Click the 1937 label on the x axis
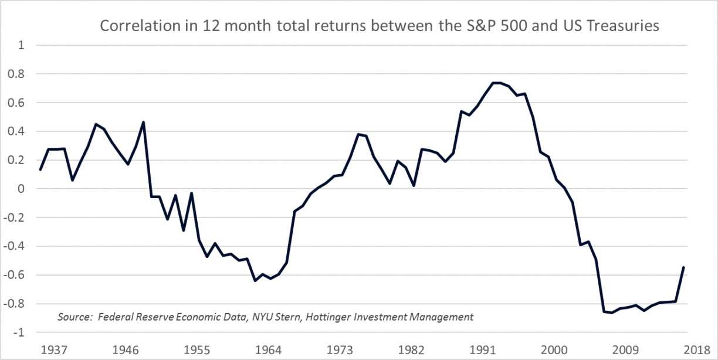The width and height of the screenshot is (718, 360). tap(53, 351)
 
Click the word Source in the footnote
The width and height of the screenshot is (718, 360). tap(73, 317)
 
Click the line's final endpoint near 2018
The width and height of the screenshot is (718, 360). tap(684, 267)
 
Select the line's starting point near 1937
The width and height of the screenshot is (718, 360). tap(40, 170)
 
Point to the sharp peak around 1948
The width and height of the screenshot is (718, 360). tap(144, 122)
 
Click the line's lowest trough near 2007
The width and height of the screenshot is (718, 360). tap(612, 313)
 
